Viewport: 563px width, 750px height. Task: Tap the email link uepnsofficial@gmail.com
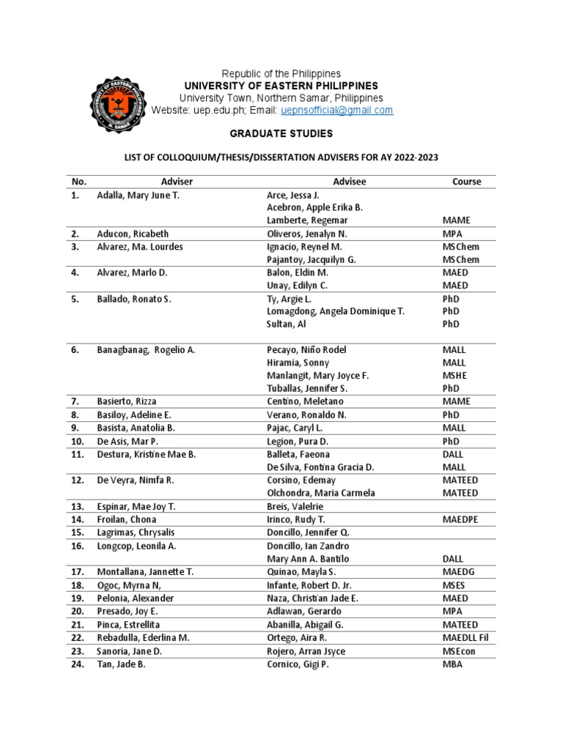337,111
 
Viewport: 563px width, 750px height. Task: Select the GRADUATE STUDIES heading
281,134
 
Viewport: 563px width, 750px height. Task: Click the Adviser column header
177,182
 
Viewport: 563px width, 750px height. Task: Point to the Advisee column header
349,182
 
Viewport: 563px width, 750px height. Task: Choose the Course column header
466,182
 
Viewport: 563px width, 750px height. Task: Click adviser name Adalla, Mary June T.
138,195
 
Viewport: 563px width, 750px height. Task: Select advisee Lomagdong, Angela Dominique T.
336,311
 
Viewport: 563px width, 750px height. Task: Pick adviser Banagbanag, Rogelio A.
146,350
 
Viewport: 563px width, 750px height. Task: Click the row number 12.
77,480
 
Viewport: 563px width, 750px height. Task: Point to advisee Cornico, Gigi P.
298,664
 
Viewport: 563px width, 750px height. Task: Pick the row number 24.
77,664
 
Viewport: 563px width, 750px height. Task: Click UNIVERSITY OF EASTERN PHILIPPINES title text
281,86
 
